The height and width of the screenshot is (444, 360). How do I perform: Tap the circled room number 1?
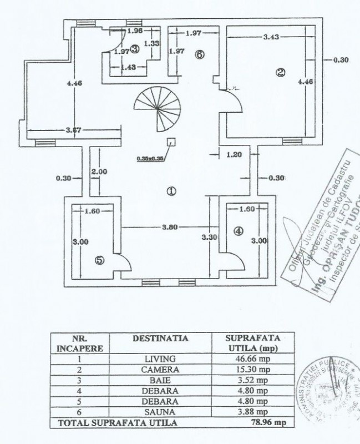[x=171, y=191]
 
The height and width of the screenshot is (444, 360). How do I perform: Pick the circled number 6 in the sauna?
[x=200, y=54]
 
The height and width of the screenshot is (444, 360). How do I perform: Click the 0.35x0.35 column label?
[x=150, y=158]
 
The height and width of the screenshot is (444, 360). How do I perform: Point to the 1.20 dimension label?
[x=234, y=155]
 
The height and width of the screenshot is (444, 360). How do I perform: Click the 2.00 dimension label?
[x=99, y=172]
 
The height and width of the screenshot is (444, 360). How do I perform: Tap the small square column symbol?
[x=171, y=142]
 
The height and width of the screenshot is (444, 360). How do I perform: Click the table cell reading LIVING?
[x=160, y=359]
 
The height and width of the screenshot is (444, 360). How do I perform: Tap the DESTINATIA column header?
[x=160, y=337]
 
